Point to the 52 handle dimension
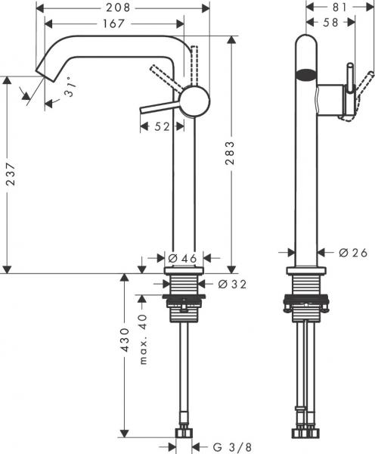click(x=162, y=128)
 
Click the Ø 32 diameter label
click(x=234, y=284)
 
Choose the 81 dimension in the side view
click(x=338, y=8)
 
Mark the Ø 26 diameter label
click(x=352, y=253)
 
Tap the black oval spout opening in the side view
click(x=305, y=75)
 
